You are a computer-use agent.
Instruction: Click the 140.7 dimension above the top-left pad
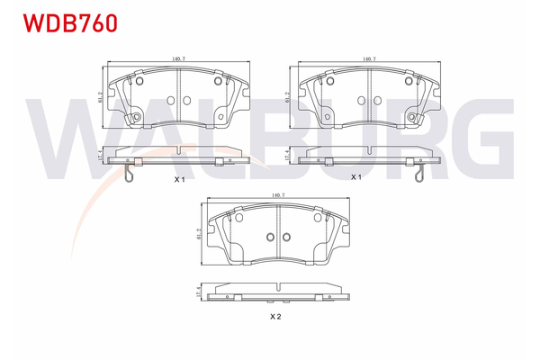click(x=177, y=59)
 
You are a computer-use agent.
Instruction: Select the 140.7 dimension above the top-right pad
click(x=369, y=59)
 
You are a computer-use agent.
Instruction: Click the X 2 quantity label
click(x=276, y=317)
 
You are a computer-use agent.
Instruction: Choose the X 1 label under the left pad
click(x=179, y=180)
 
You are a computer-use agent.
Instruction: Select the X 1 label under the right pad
click(x=355, y=177)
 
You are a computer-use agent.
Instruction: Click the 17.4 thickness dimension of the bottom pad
click(x=197, y=293)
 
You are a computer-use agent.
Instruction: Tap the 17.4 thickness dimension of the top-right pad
click(x=287, y=155)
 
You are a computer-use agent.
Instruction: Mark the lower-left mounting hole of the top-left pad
click(x=136, y=118)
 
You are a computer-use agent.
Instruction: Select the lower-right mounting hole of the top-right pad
click(x=411, y=118)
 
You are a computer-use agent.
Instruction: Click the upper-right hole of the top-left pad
click(x=217, y=81)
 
